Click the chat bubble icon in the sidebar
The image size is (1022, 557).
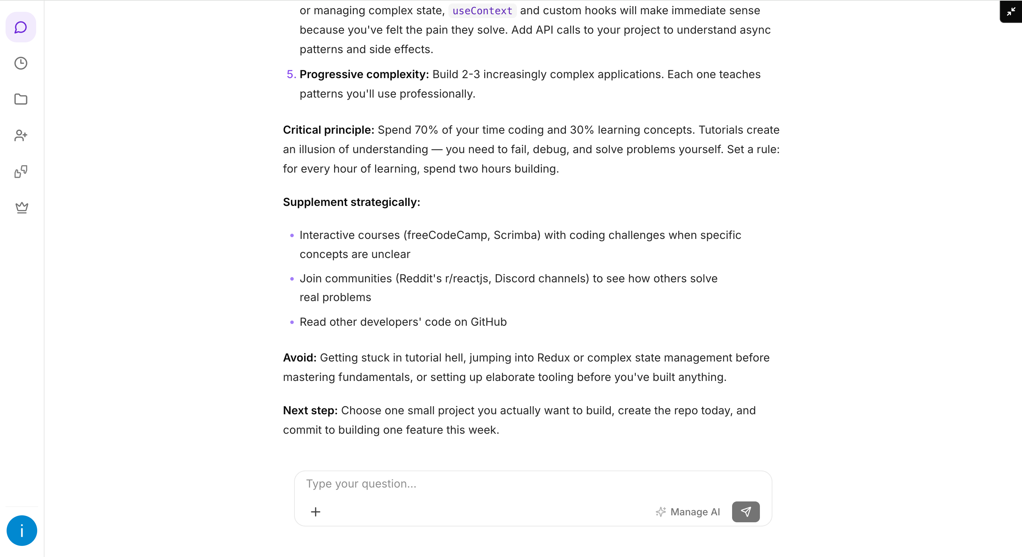(x=21, y=27)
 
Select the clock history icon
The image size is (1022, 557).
(x=21, y=64)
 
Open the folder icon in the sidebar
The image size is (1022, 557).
(x=21, y=99)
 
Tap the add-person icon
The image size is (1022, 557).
(x=21, y=135)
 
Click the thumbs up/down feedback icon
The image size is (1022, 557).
(x=21, y=172)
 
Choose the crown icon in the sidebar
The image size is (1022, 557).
(x=22, y=207)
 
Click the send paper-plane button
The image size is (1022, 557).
(x=746, y=512)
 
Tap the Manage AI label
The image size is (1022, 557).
(x=695, y=512)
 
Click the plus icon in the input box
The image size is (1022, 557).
(x=315, y=512)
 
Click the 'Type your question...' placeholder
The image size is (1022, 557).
(x=361, y=484)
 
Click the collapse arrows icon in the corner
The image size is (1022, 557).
(x=1011, y=11)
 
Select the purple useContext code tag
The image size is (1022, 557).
(x=482, y=11)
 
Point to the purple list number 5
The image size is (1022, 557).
(x=291, y=75)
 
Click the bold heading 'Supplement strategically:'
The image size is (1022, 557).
(x=351, y=202)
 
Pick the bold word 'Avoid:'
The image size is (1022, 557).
(x=299, y=358)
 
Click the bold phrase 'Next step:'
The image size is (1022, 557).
(x=310, y=410)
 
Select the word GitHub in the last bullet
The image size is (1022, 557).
(x=488, y=322)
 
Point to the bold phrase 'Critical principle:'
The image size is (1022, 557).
(x=328, y=130)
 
